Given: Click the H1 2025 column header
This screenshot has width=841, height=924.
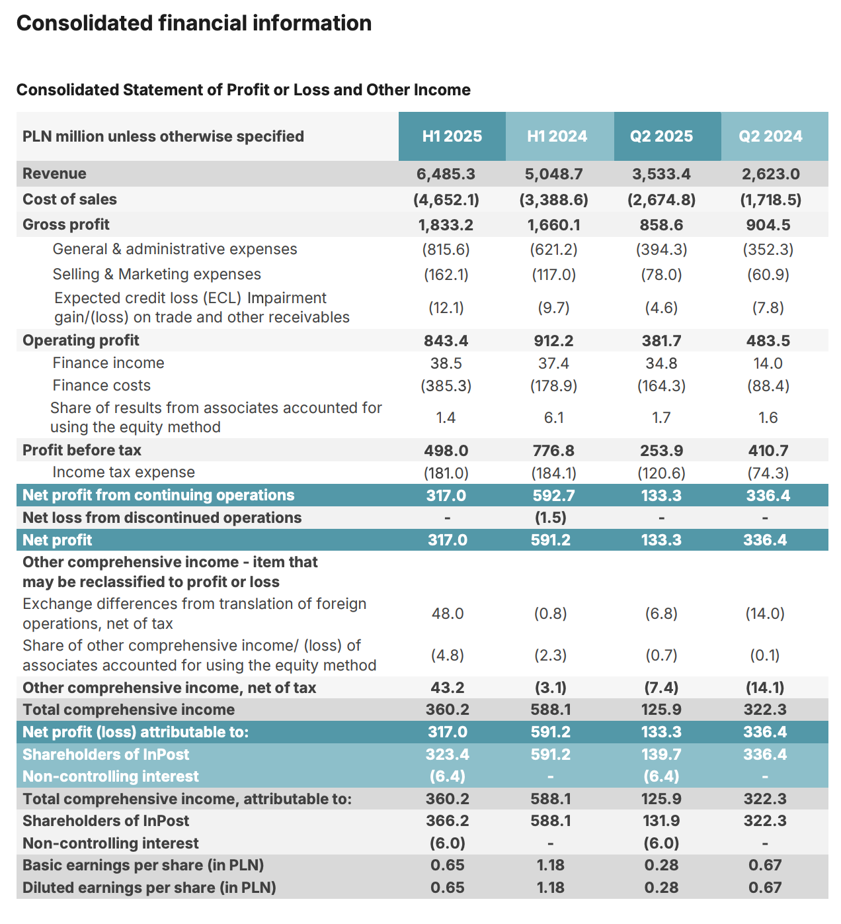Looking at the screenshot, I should coord(452,136).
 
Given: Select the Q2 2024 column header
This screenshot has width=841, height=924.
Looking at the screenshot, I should coord(770,136).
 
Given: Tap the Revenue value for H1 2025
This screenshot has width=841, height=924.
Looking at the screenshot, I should coord(446,174).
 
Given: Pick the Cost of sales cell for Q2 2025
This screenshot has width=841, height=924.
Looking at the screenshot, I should coord(661,199).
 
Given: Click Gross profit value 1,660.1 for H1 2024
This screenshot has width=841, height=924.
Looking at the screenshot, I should coord(553,225).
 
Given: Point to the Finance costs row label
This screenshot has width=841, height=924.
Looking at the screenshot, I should coord(101,385).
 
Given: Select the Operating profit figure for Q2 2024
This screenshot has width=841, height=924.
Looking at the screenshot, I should coord(768,341).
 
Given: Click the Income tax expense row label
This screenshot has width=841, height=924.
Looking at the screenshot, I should coord(124,472).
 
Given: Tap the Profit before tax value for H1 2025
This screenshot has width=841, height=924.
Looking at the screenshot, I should coord(446,451).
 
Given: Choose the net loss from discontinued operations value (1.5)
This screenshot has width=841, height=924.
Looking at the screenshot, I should coord(550,518).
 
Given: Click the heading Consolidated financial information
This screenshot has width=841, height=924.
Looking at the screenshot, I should coord(194,23).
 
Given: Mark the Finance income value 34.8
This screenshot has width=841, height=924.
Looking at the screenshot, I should coord(661,363).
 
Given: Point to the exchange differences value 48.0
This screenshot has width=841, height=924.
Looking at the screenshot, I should coord(448,614).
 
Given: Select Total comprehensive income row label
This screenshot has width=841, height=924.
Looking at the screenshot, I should coord(128,710).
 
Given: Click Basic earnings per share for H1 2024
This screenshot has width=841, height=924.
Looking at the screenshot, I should coord(550,865).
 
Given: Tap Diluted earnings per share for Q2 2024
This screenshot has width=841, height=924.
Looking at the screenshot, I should coord(765,888).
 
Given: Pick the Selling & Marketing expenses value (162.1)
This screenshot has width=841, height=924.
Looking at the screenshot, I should coord(446,275).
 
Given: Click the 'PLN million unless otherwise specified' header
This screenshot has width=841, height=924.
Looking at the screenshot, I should coord(163,136).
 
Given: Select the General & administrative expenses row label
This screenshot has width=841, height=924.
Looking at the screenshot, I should coord(175,249).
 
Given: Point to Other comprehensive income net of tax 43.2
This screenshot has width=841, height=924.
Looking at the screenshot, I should coord(448,688).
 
